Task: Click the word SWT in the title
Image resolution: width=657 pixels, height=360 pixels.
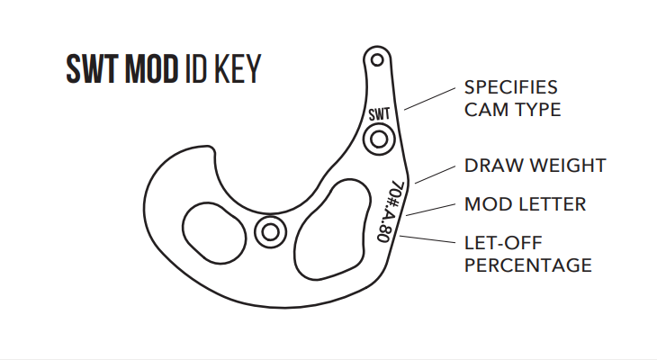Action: pos(92,69)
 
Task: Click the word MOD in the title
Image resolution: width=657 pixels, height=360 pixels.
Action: pos(148,69)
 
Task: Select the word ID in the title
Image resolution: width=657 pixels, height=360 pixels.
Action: pos(192,69)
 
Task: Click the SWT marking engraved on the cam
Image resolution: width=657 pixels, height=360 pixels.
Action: pos(380,114)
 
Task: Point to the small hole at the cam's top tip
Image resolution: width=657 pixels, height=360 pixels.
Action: pos(377,61)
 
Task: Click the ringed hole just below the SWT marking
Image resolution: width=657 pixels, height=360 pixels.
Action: pos(379,139)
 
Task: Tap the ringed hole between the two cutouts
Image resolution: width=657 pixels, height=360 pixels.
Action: pos(268,231)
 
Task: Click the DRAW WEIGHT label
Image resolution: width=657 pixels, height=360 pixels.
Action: pos(535,166)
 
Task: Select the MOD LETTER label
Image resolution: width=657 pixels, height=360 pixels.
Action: pos(525,204)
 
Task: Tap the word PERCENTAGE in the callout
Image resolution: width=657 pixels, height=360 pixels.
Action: pos(527,265)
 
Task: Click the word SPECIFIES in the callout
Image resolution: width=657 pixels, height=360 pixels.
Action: pos(510,88)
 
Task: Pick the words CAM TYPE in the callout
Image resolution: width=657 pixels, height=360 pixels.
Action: pos(512,110)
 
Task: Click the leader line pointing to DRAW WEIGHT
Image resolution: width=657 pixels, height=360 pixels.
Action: pos(433,174)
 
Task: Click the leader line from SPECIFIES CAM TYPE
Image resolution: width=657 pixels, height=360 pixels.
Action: pos(429,97)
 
